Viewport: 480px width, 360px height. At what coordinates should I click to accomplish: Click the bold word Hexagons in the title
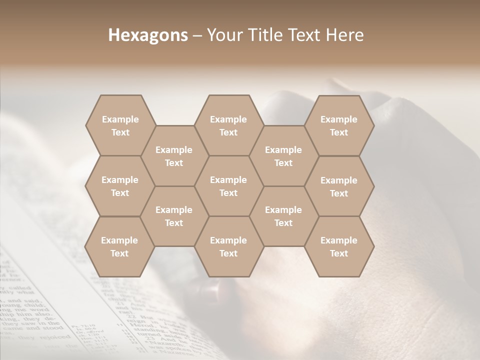148,35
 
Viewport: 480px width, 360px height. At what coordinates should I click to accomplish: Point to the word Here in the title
345,35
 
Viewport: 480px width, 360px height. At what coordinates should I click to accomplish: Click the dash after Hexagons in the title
197,35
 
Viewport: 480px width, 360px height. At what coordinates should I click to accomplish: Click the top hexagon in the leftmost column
120,125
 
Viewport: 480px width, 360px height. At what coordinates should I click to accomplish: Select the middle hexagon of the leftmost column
120,186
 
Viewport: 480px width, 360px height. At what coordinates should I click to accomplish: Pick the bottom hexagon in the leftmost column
119,246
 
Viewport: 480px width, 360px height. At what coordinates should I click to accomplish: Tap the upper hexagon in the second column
174,156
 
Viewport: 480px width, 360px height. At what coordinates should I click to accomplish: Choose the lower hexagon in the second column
174,216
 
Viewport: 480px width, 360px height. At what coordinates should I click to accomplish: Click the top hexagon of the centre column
228,125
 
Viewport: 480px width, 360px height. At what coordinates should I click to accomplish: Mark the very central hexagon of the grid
228,186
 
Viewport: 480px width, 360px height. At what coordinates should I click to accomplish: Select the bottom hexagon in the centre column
228,246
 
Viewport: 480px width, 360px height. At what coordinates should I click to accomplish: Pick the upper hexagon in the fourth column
283,156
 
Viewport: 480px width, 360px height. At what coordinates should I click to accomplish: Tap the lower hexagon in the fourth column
283,216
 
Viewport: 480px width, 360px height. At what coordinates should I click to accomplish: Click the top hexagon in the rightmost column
339,125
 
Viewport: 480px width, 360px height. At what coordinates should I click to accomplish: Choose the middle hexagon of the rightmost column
339,186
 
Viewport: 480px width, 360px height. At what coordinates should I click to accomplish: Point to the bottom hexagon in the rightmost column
339,246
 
